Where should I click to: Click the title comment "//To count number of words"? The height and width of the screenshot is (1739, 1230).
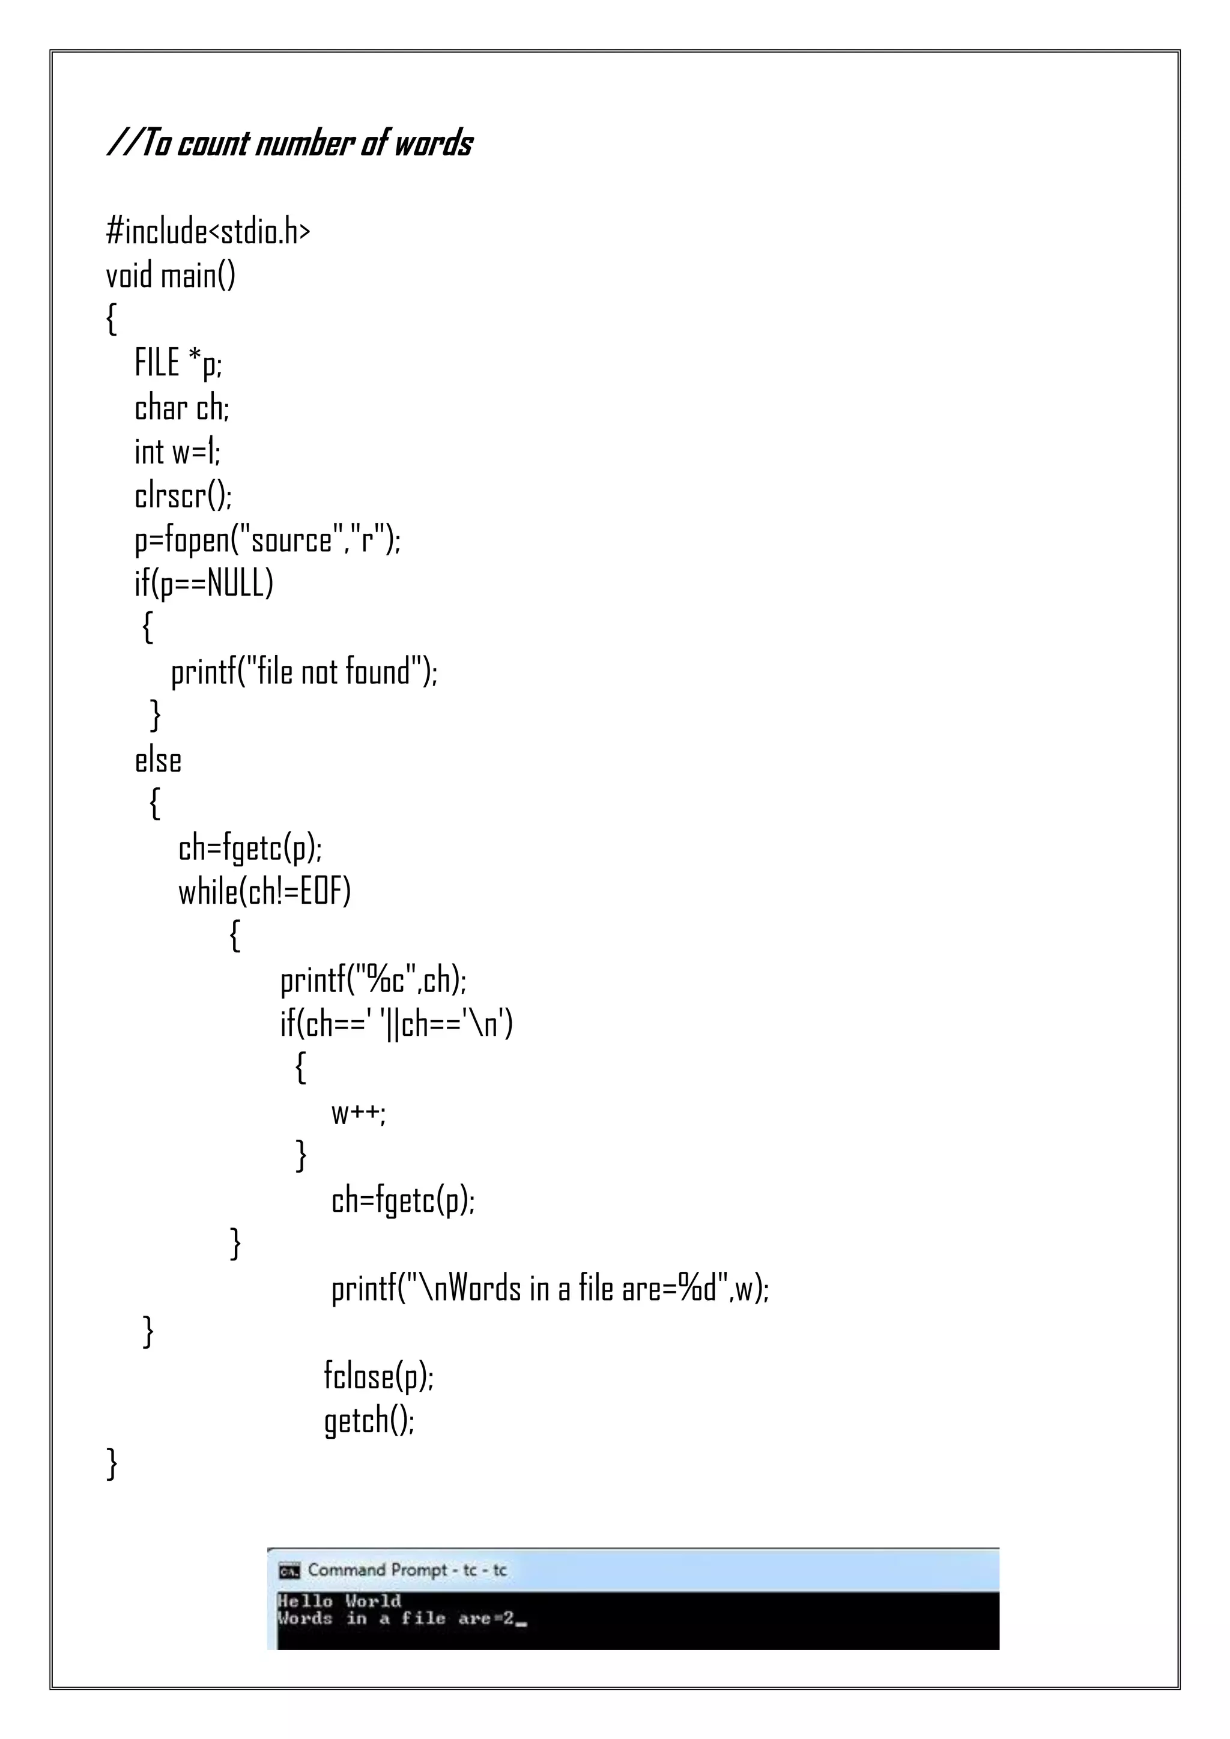290,143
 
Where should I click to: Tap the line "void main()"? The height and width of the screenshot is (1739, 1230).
171,275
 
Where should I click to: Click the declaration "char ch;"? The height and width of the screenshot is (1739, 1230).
182,408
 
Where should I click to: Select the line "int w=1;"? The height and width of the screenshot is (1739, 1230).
177,452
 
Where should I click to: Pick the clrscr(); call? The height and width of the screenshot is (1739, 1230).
183,495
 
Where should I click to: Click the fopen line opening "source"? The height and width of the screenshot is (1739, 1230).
267,540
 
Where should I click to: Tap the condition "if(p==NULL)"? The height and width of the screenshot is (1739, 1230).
204,583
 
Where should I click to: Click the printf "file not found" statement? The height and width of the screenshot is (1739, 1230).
304,672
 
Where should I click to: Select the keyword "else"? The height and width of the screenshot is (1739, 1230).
157,760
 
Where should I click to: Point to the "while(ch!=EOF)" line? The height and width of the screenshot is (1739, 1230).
264,892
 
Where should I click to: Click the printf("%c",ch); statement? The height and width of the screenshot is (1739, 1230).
374,980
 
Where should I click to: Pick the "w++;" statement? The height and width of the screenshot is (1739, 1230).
358,1113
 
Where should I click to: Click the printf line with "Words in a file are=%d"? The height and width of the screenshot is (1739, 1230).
550,1289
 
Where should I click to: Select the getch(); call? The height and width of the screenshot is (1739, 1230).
369,1420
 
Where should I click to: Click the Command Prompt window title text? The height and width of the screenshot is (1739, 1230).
407,1570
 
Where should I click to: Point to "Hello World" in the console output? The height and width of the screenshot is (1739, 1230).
339,1601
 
